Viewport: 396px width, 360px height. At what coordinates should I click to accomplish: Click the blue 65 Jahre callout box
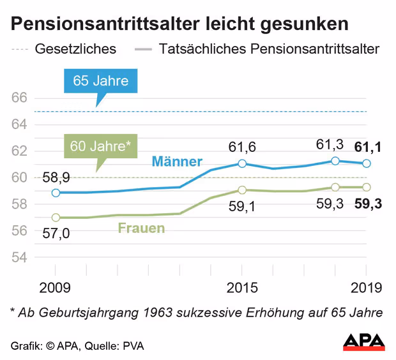pos(100,81)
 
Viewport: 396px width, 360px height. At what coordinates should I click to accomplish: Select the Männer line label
pos(177,161)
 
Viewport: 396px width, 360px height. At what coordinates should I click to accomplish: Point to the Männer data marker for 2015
pos(242,163)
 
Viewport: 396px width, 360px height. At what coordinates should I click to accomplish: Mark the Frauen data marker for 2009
pos(56,218)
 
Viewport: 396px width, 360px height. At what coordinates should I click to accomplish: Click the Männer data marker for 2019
pos(367,163)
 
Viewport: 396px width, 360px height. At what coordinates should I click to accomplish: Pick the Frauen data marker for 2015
pos(242,190)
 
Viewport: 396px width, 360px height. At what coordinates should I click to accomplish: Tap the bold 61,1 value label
pos(367,148)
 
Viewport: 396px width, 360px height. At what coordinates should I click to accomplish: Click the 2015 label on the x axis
pos(242,287)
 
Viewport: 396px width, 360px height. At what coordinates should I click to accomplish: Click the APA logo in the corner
pos(364,341)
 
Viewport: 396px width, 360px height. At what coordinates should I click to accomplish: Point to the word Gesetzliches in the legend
pos(75,49)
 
